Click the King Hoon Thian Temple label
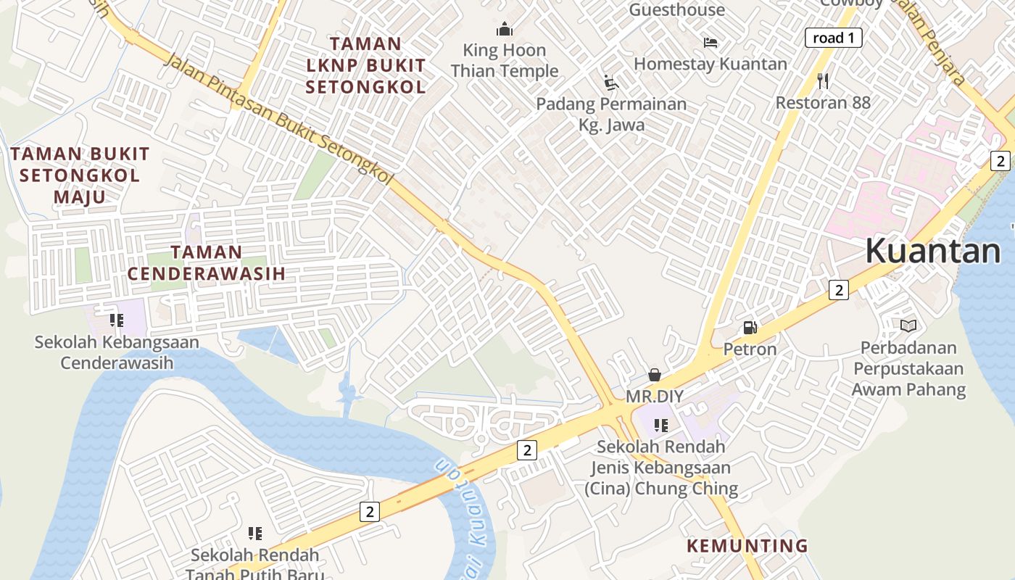[x=505, y=61]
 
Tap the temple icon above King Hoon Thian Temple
[x=504, y=30]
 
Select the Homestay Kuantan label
[x=710, y=64]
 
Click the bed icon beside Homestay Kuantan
[x=710, y=43]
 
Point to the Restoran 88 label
[x=823, y=102]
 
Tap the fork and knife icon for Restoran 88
[x=822, y=80]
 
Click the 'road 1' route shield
[x=833, y=38]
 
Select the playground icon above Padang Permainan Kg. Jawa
[x=611, y=82]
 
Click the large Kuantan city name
[x=933, y=252]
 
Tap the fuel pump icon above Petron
[x=750, y=328]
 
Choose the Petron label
[x=750, y=349]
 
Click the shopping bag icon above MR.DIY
[x=654, y=375]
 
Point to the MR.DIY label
[x=655, y=397]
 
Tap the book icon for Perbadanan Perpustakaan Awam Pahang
[x=908, y=326]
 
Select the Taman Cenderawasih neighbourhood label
[x=207, y=262]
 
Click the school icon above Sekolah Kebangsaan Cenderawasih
[x=116, y=320]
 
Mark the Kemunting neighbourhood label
[x=747, y=545]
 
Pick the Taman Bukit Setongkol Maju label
[x=80, y=175]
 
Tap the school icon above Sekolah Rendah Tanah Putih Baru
[x=254, y=534]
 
